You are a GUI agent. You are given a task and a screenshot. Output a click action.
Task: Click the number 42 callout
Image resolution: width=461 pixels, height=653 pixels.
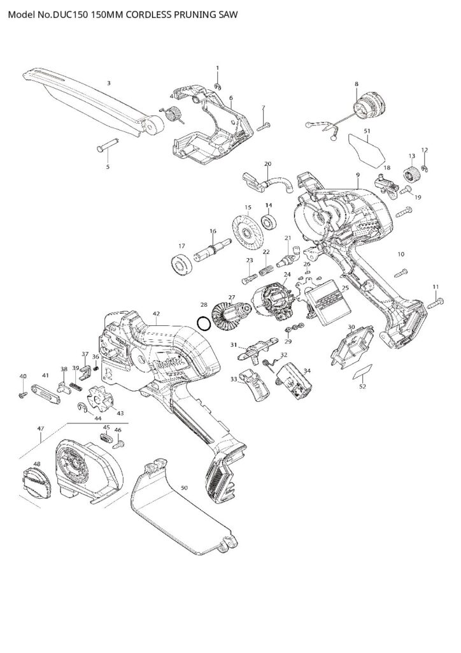click(156, 314)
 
